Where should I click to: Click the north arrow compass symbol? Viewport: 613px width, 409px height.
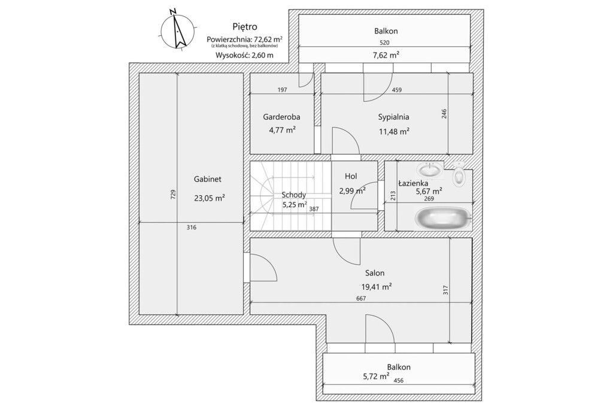coord(177,30)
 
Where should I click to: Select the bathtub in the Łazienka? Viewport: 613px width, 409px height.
coord(442,218)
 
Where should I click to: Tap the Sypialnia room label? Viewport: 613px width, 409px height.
coord(393,117)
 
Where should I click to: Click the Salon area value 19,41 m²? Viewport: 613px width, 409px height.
coord(377,287)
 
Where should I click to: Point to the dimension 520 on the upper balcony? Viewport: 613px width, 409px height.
coord(385,43)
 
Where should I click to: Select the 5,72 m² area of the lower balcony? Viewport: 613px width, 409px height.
coord(376,377)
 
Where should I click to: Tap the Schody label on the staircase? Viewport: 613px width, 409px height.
coord(294,195)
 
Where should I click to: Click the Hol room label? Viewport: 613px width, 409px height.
coord(351,176)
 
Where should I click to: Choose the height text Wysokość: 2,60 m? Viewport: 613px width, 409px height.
coord(244,55)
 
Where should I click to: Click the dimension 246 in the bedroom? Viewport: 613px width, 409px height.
coord(444,114)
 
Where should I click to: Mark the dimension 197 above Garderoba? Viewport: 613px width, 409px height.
coord(283,90)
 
